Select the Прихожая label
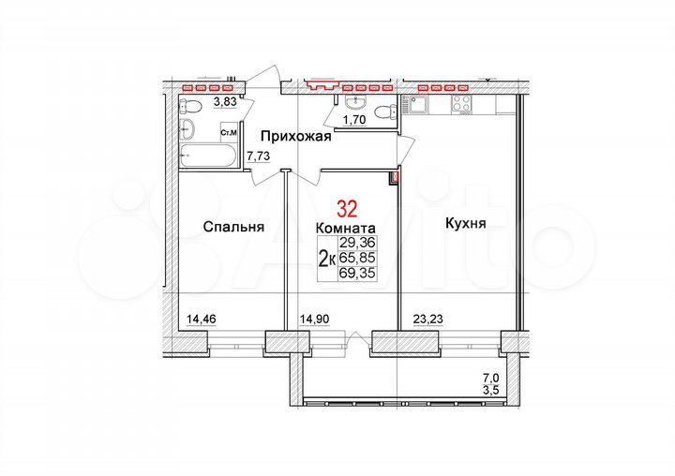296,137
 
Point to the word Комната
346,228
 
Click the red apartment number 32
346,207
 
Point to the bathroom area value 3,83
225,102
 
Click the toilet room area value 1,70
352,120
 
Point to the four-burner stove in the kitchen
461,105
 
